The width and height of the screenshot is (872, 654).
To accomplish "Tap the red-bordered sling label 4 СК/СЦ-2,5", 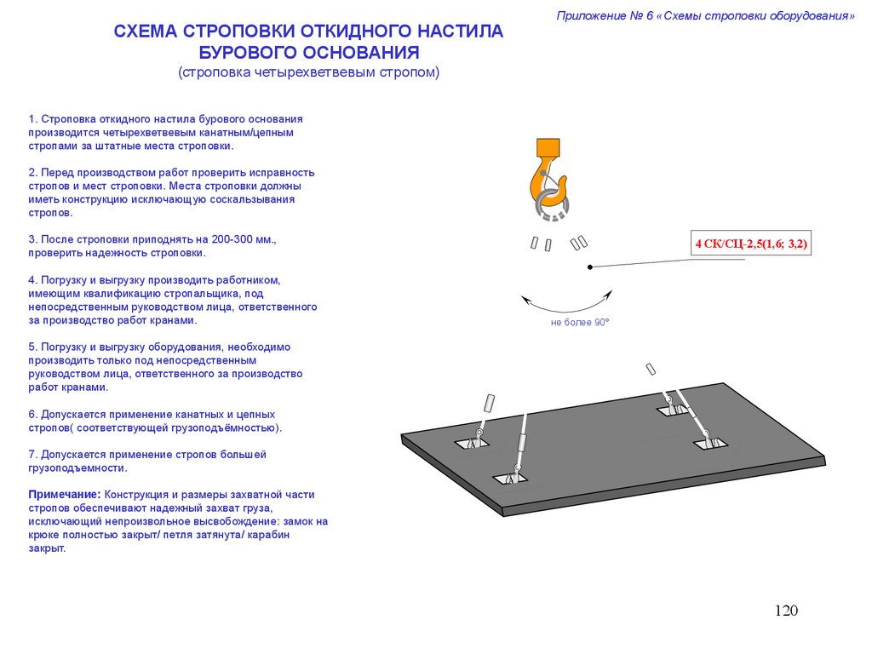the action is tap(751, 245).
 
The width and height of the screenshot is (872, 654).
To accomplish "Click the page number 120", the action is tap(786, 611).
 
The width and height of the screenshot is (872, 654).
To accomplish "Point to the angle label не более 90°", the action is tap(580, 323).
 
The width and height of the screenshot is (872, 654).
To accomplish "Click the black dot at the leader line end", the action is tap(589, 267).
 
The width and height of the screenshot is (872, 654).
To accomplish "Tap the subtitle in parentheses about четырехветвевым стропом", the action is tap(308, 72).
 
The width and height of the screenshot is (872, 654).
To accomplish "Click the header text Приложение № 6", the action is tap(605, 16).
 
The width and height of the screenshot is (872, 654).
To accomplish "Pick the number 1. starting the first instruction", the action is tap(32, 119).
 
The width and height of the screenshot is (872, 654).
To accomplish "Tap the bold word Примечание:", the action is tap(65, 494).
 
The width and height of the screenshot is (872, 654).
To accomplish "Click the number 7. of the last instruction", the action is tap(32, 454).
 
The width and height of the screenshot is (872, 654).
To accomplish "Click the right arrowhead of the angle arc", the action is tap(609, 294).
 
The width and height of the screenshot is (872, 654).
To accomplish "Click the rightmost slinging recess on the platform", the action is tap(709, 442).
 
